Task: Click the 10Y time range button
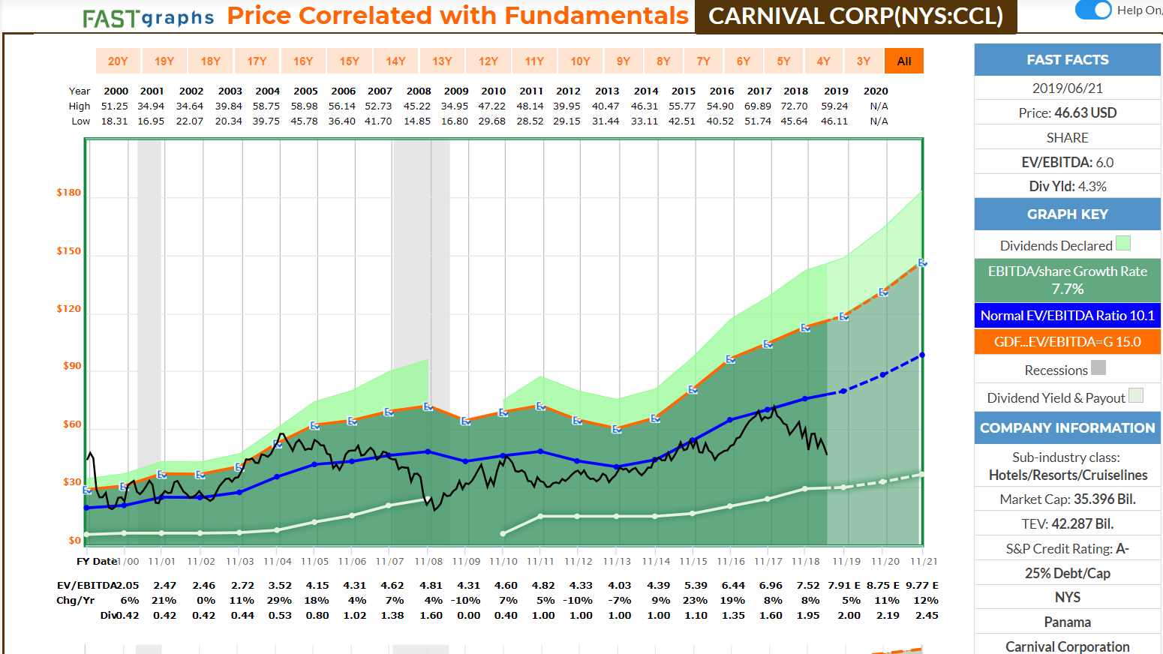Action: coord(580,61)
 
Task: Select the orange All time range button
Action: coord(904,61)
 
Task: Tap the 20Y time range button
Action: coord(118,61)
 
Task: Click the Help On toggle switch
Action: coord(1093,10)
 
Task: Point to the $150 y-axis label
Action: coord(69,251)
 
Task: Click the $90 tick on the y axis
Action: coord(72,366)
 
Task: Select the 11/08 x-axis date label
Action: coord(428,561)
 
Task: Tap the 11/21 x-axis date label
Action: coord(924,561)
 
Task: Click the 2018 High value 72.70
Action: coord(794,106)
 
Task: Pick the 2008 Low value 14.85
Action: coord(417,121)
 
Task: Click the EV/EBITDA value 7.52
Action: coord(807,586)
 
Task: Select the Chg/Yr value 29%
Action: coord(279,601)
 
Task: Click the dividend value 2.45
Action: coord(927,616)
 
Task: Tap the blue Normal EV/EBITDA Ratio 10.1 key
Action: coord(1067,316)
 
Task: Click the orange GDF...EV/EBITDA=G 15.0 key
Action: coord(1067,342)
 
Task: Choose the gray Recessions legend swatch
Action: coord(1098,367)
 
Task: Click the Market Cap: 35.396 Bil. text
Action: coord(1067,499)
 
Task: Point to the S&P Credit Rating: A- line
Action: coord(1067,549)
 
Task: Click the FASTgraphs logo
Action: coord(148,18)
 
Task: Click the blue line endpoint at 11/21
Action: coord(922,355)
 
